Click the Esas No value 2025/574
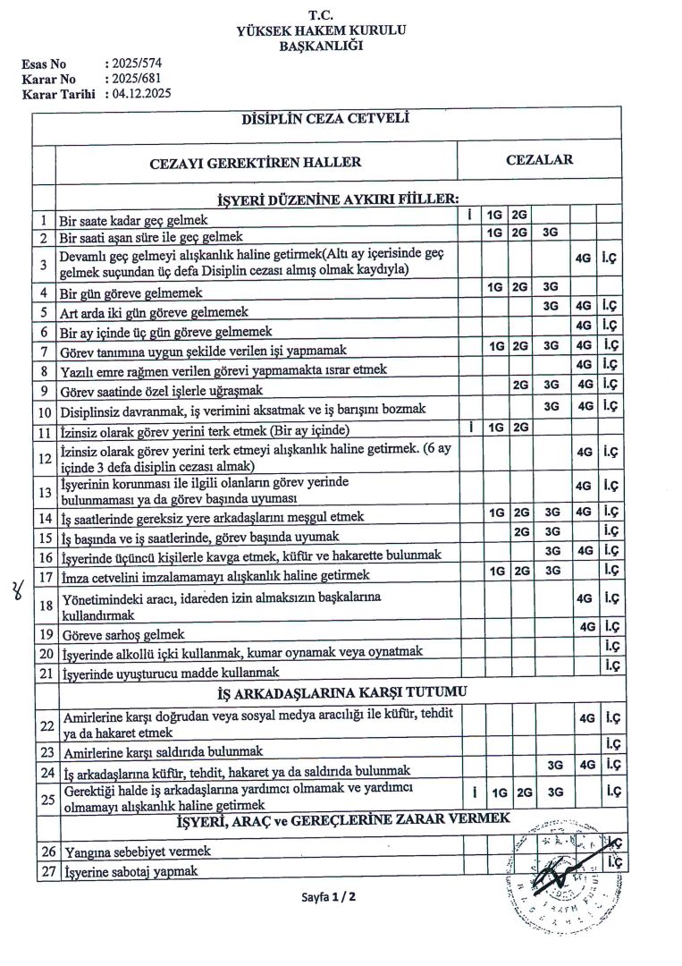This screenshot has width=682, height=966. [x=135, y=64]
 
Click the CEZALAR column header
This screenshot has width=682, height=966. [x=539, y=161]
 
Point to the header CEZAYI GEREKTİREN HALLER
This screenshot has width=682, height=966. [x=256, y=163]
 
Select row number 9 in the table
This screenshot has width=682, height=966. [x=44, y=390]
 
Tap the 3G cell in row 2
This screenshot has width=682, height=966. [x=551, y=234]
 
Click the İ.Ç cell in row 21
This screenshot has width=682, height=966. [x=611, y=665]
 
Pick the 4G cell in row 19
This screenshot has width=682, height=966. [x=586, y=627]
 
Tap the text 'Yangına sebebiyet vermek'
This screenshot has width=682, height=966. [x=136, y=852]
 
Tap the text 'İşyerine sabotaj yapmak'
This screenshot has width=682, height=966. [x=131, y=871]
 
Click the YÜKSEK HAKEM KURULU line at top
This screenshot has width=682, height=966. [x=321, y=30]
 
